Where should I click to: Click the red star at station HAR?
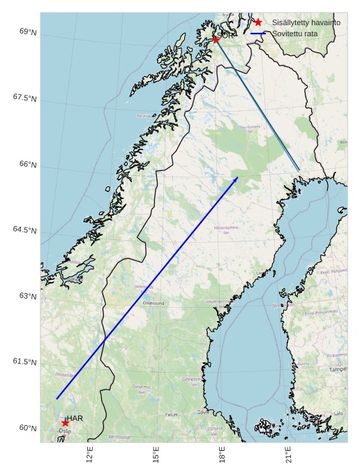(65, 423)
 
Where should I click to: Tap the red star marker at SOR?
(216, 40)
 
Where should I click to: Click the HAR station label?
(75, 418)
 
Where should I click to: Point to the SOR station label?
(225, 34)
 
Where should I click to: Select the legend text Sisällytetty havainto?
(306, 22)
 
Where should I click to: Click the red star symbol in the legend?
(258, 22)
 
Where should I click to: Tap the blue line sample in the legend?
(258, 33)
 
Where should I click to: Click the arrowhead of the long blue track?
(237, 178)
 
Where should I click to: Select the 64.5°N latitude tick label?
(24, 230)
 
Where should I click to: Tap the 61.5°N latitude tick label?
(24, 362)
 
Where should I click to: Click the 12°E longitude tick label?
(89, 455)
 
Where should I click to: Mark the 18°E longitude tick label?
(222, 455)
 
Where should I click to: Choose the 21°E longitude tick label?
(288, 455)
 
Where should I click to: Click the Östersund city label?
(153, 304)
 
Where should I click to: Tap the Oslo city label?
(64, 431)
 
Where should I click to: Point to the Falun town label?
(171, 415)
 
